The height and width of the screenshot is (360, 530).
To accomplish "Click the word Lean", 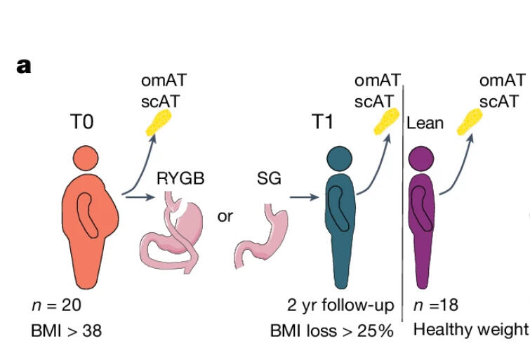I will (425, 124).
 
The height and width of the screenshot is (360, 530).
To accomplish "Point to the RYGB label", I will (180, 178).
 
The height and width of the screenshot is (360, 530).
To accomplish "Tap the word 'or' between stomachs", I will (225, 216).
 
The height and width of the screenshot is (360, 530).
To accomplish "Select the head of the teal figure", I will (340, 158).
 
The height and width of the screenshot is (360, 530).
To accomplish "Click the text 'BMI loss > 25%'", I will (332, 330).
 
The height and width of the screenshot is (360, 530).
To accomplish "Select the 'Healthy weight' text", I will (470, 329).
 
